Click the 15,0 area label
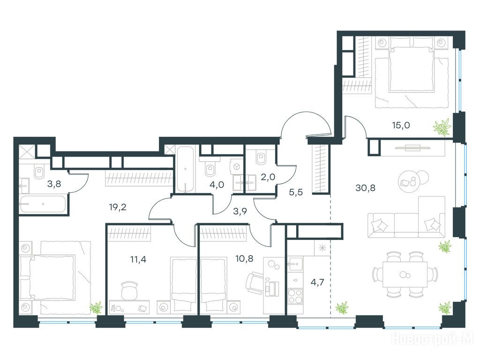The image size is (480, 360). [x=401, y=125]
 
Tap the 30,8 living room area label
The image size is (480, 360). [x=365, y=188]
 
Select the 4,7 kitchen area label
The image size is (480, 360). [x=317, y=282]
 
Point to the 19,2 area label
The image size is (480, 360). [x=118, y=208]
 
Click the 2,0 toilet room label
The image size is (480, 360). [x=268, y=177]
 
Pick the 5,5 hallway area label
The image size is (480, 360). [x=296, y=193]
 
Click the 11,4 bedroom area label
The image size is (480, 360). [x=138, y=260]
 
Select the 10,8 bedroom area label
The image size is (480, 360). [x=244, y=259]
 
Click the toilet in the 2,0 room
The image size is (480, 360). [x=261, y=157]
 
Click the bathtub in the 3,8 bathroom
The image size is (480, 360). [x=43, y=204]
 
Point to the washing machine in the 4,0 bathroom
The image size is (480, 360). [x=237, y=166]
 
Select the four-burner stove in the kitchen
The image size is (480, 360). [x=294, y=296]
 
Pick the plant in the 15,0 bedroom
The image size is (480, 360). [x=442, y=127]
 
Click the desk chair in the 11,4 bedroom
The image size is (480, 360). [x=129, y=291]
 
